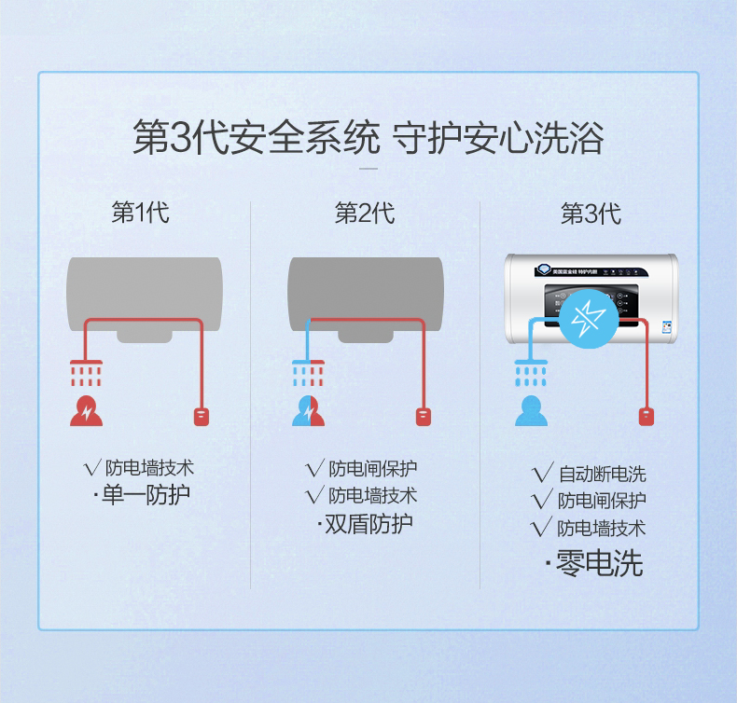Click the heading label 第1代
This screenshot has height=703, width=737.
point(141,213)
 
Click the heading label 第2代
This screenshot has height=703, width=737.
point(365,213)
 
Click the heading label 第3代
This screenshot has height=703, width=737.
point(591,214)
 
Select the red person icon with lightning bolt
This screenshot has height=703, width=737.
point(87,411)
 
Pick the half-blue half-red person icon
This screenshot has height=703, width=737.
point(309,411)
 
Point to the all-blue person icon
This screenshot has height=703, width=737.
point(532,411)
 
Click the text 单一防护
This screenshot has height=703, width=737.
point(146,494)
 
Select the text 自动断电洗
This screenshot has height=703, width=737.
point(602,474)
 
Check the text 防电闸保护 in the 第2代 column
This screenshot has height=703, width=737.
point(372,468)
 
